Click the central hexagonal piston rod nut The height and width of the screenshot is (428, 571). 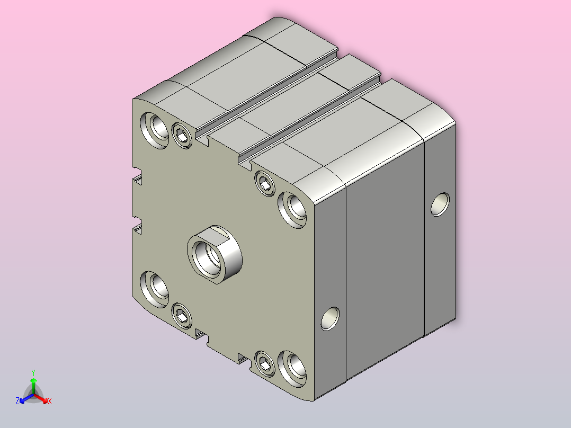click(215, 254)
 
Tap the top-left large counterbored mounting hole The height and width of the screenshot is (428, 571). click(155, 130)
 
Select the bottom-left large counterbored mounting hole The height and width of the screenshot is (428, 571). click(155, 289)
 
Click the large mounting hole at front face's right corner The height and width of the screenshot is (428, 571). click(292, 210)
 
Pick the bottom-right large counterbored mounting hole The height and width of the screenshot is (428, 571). click(292, 369)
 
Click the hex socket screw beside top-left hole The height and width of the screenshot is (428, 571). click(182, 136)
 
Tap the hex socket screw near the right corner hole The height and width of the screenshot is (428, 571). click(265, 184)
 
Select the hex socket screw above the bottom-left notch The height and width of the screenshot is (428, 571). click(182, 316)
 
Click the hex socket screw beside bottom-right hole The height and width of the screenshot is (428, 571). click(265, 363)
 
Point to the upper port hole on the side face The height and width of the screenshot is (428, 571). click(440, 204)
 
